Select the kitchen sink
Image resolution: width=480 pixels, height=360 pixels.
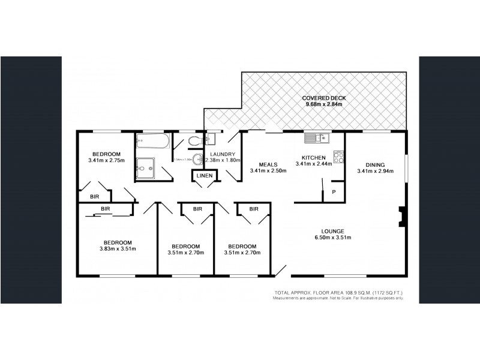click(315, 139)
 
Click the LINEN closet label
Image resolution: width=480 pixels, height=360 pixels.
click(201, 175)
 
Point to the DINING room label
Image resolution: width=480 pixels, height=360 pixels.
click(374, 164)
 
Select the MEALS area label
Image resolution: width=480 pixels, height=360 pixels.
click(268, 164)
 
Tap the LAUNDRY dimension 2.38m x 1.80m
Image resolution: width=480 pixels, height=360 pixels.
click(222, 160)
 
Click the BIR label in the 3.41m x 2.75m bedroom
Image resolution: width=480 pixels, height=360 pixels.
click(94, 196)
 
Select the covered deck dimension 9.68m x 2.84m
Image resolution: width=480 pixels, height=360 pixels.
click(323, 104)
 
